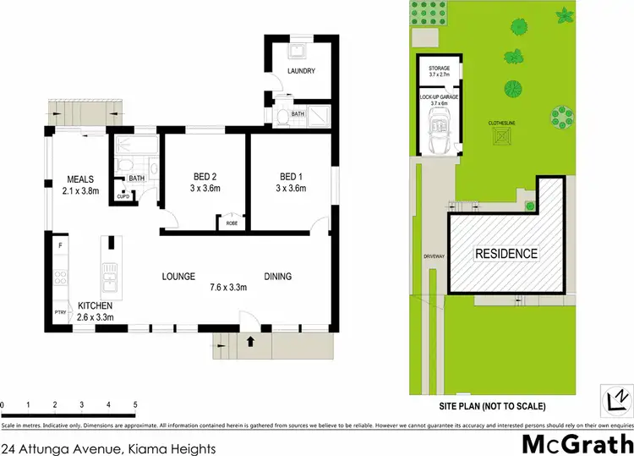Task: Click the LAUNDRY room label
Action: click(301, 71)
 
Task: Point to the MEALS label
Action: click(80, 179)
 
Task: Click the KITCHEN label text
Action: click(95, 305)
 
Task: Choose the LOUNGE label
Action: click(179, 277)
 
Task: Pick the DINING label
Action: click(277, 277)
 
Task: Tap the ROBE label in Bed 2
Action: click(230, 223)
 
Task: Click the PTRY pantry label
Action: click(59, 312)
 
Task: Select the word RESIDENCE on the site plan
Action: click(506, 253)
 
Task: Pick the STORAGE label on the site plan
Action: click(439, 68)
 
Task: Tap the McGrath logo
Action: click(575, 442)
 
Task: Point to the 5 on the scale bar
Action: click(135, 404)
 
